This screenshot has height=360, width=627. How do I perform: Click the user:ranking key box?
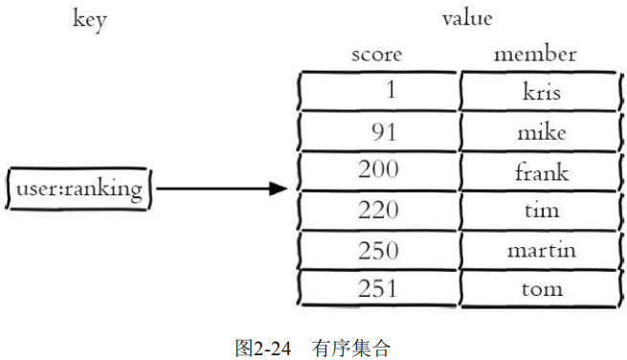coord(78,190)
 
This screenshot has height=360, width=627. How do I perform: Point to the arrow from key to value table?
coord(220,190)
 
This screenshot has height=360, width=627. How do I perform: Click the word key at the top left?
coord(89,20)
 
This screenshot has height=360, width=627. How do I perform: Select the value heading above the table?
coord(467,18)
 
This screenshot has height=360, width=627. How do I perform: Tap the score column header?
coord(376,55)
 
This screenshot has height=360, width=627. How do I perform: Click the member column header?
coord(534,55)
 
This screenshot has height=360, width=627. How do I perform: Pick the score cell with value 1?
coord(378,92)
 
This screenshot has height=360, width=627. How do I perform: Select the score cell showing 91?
coord(378,132)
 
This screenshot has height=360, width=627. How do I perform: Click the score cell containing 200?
coord(378,171)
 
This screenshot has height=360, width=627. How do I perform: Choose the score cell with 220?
coord(378,211)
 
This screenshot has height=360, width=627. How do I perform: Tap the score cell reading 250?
coord(378,250)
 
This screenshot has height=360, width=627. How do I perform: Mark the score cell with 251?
coord(378,288)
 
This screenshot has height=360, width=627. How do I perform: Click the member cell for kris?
coord(541,92)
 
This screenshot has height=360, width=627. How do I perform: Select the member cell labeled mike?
coord(541,132)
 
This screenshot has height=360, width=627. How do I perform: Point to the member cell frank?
coord(541,171)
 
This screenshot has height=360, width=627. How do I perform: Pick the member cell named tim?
coord(541,211)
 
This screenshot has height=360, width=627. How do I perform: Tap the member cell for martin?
coord(541,250)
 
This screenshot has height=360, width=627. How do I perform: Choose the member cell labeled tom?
coord(541,288)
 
